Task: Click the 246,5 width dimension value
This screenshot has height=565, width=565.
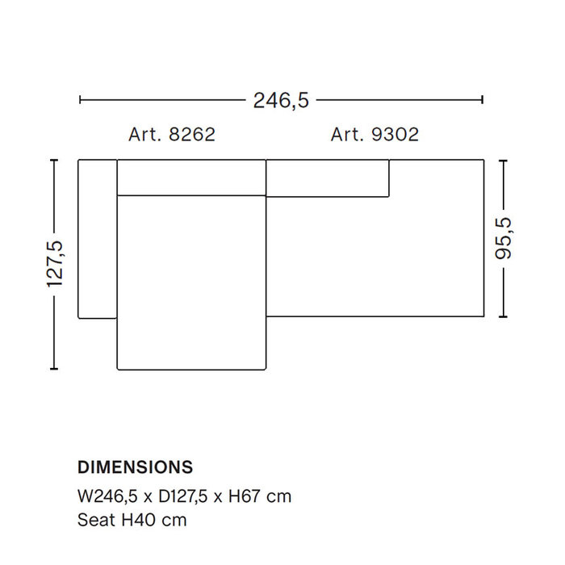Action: tap(281, 100)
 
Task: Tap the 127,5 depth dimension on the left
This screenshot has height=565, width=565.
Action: tap(55, 264)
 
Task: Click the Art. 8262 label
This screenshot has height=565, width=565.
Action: tap(172, 135)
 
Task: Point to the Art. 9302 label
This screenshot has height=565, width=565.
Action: tap(375, 135)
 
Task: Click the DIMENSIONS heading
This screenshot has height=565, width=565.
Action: tap(135, 467)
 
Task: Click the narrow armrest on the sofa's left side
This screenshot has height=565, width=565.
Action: tap(98, 239)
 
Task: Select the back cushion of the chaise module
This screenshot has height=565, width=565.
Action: tap(191, 178)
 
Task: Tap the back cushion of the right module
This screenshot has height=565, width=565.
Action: tap(328, 178)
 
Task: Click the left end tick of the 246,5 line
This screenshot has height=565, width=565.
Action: tap(80, 100)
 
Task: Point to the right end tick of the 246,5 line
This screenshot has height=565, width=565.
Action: tap(482, 100)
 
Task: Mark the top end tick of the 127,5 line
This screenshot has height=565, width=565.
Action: tap(54, 161)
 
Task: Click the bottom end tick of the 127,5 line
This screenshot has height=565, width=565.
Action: tap(54, 369)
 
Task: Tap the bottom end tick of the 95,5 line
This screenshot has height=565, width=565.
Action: tap(503, 316)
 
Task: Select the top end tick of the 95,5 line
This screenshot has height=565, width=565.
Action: tap(503, 161)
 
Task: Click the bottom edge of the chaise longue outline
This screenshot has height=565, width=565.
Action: tap(191, 370)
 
